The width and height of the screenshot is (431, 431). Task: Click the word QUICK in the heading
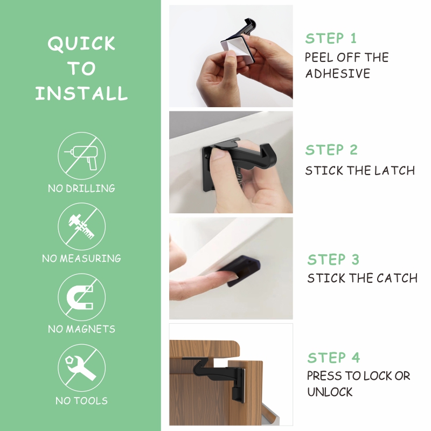tap(81, 44)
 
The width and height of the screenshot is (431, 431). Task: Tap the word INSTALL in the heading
tap(81, 93)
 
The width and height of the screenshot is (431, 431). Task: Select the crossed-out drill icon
tap(82, 156)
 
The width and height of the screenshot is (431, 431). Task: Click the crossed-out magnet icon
tap(82, 297)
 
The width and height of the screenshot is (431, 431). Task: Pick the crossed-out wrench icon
tap(82, 368)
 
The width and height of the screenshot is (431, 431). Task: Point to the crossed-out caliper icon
tap(82, 226)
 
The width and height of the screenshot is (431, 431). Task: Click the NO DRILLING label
tap(81, 189)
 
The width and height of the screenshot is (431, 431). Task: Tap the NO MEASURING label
tap(82, 259)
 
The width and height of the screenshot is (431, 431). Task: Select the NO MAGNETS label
tap(82, 329)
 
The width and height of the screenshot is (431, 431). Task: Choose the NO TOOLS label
tap(82, 401)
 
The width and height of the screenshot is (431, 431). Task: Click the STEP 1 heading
tap(331, 38)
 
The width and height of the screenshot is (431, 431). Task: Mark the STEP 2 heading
tap(331, 150)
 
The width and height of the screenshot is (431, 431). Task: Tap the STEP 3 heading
tap(333, 260)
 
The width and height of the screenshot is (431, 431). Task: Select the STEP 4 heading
tap(333, 358)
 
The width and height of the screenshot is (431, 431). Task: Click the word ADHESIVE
tap(338, 74)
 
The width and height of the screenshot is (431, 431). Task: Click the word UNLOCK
tap(330, 392)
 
